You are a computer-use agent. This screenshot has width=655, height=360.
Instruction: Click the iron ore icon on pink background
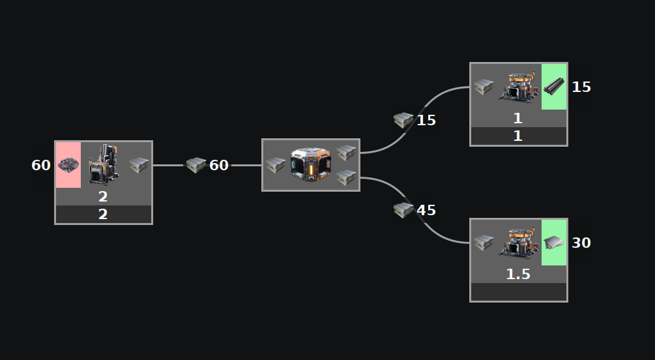point(68,165)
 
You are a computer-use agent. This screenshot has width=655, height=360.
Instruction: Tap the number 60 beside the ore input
point(41,166)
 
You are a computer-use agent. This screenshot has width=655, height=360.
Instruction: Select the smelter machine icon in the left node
point(104,164)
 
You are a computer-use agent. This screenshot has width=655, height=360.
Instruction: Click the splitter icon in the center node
point(311,164)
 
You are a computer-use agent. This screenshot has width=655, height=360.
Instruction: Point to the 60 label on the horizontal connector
point(219,166)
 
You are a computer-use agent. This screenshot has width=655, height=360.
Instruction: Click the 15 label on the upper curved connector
point(426,120)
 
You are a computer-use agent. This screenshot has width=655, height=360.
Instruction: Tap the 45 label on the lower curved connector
point(426,211)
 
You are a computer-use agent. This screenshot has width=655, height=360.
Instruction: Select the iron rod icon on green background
point(554,86)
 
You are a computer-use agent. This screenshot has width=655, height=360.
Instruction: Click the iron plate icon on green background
point(554,242)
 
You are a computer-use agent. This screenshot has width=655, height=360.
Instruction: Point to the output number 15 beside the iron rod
point(581,87)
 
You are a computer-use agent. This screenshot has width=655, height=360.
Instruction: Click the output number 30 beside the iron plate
point(581,243)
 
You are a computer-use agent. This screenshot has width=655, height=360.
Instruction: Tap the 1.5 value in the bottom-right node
point(518,275)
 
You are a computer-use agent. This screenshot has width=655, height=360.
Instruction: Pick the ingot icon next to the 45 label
point(403,210)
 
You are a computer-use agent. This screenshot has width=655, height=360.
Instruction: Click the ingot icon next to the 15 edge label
point(403,120)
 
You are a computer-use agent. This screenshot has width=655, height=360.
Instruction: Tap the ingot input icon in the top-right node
point(483,86)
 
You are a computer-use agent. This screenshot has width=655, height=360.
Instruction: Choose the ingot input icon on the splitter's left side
point(276,165)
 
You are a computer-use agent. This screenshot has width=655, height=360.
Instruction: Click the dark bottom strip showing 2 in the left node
point(103,215)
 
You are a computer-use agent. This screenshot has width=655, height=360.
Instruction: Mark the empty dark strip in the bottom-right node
point(518,292)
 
